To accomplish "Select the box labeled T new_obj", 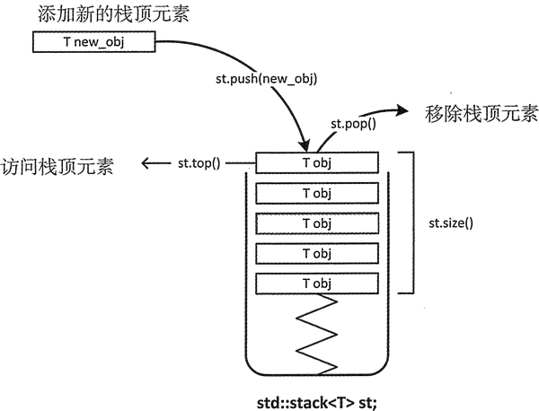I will tap(93, 42).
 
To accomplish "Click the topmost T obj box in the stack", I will tap(317, 162).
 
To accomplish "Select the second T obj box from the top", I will tap(317, 192).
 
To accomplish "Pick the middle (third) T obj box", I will tap(317, 223).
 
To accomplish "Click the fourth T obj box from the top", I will tap(317, 252).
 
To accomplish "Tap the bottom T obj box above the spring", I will tap(317, 283).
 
